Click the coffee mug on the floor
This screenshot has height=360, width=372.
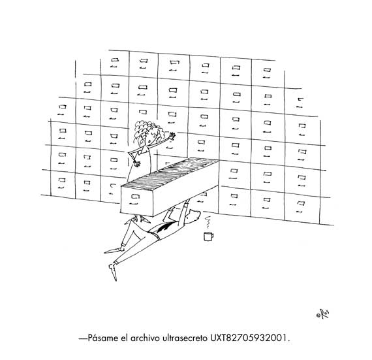[208, 236]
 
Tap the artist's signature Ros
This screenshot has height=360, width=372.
[323, 314]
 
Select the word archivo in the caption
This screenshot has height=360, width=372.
[145, 338]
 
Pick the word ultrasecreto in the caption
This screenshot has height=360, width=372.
[185, 338]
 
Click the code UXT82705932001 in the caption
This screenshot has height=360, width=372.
[248, 338]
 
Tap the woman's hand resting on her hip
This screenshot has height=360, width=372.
[136, 163]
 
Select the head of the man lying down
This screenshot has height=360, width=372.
[192, 216]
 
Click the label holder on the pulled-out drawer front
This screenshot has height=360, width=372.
[134, 197]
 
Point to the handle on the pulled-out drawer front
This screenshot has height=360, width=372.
[134, 203]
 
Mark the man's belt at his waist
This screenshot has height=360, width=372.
[155, 235]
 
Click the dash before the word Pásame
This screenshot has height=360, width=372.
[83, 338]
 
